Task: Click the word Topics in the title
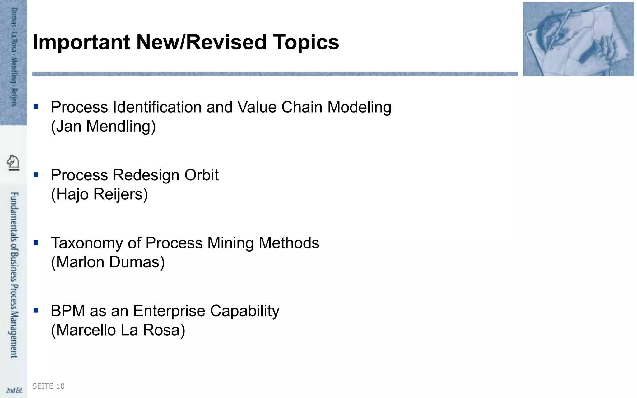pyautogui.click(x=306, y=42)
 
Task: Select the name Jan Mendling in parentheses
pyautogui.click(x=103, y=127)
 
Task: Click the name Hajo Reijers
pyautogui.click(x=100, y=194)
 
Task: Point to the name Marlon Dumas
pyautogui.click(x=108, y=262)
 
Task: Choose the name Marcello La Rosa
pyautogui.click(x=118, y=330)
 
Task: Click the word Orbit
pyautogui.click(x=202, y=175)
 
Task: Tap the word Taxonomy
pyautogui.click(x=87, y=243)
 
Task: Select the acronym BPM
pyautogui.click(x=68, y=311)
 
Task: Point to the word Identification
pyautogui.click(x=157, y=107)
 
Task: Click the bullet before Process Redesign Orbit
pyautogui.click(x=36, y=175)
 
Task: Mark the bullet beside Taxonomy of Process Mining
pyautogui.click(x=36, y=243)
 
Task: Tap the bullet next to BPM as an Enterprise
pyautogui.click(x=36, y=310)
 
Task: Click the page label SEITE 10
pyautogui.click(x=49, y=386)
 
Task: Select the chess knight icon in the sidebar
pyautogui.click(x=13, y=162)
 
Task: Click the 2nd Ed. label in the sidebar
pyautogui.click(x=14, y=390)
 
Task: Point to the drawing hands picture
pyautogui.click(x=578, y=39)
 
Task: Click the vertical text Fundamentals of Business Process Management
pyautogui.click(x=14, y=275)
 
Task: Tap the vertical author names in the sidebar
pyautogui.click(x=14, y=58)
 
